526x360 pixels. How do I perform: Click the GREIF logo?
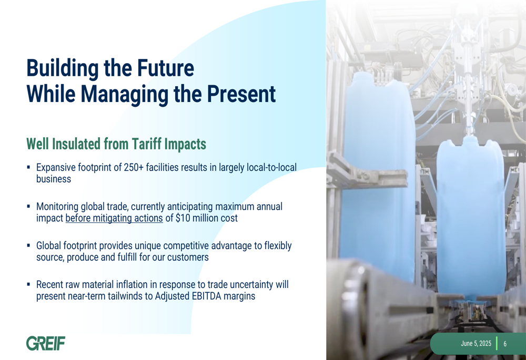(x=46, y=343)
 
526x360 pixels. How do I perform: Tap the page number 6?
(x=505, y=344)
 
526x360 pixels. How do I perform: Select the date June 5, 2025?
(x=476, y=344)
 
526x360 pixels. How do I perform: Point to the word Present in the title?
(x=241, y=94)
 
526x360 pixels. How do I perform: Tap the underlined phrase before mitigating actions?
(x=114, y=218)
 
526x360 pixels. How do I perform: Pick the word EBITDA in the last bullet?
(x=206, y=296)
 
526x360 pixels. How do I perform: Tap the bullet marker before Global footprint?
(x=28, y=246)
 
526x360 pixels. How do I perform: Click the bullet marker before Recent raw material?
(x=28, y=284)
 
